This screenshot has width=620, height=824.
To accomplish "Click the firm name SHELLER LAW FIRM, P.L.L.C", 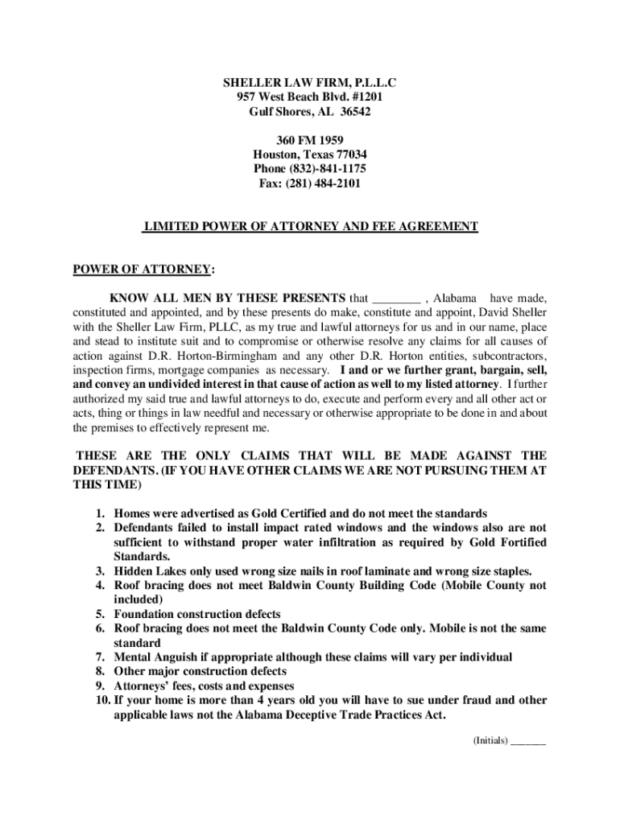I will [x=310, y=82].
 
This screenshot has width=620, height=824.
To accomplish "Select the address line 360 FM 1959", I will [x=310, y=140].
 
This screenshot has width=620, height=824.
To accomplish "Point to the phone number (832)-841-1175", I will [x=327, y=169].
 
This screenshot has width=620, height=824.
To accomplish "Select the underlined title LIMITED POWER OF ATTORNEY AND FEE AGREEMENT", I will [x=310, y=227].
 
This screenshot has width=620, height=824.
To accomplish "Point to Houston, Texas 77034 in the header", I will [x=310, y=154].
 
